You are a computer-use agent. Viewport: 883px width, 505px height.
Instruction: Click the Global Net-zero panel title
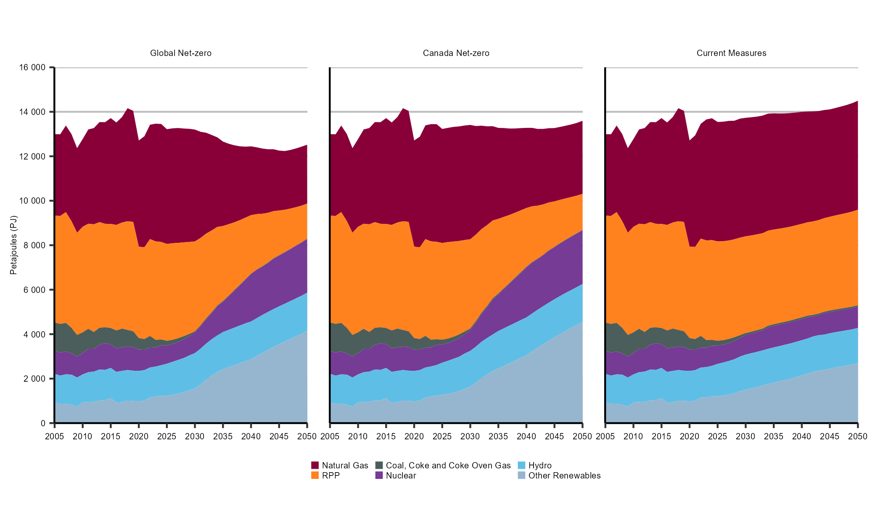[x=181, y=53]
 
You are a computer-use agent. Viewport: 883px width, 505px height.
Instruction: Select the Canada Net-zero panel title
[x=456, y=53]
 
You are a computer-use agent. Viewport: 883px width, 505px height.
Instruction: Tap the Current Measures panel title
[x=732, y=53]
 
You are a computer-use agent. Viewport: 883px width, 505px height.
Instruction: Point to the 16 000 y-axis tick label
[x=32, y=67]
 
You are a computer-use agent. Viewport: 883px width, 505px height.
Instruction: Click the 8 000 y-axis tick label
[x=34, y=245]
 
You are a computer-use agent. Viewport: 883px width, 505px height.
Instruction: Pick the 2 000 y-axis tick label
[x=34, y=379]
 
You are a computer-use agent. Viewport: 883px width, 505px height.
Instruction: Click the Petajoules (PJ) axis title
[x=14, y=245]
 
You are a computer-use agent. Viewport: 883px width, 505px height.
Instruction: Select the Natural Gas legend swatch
[x=315, y=465]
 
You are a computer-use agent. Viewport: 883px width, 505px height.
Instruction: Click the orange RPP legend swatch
[x=315, y=476]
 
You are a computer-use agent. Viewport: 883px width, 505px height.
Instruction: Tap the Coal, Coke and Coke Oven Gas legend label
[x=448, y=465]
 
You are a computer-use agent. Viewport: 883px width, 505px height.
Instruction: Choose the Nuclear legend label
[x=401, y=476]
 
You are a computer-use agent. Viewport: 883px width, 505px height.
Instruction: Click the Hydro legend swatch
[x=521, y=465]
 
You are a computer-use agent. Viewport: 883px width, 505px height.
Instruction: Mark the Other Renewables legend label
[x=564, y=476]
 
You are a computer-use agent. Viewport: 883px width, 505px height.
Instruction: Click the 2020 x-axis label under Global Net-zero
[x=139, y=436]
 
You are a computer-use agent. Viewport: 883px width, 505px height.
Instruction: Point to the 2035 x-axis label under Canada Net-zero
[x=498, y=436]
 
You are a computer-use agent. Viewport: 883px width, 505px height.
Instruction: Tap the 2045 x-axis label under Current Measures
[x=830, y=436]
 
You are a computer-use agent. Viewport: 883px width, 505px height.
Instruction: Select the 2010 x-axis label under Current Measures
[x=633, y=436]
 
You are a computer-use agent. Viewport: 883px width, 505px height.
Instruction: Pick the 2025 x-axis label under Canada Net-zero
[x=442, y=436]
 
